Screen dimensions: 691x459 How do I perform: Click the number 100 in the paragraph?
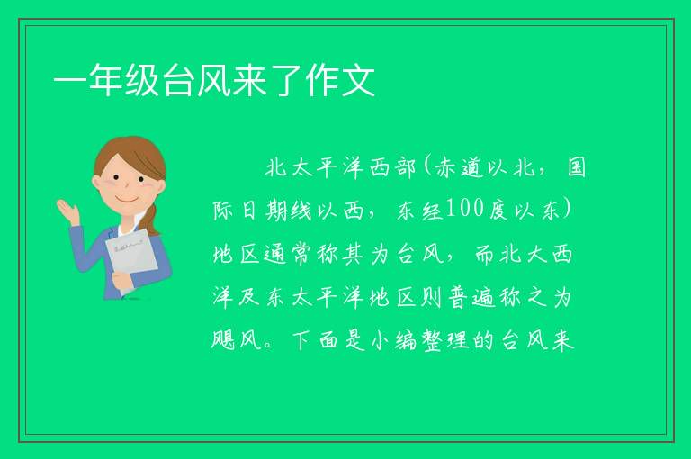click(464, 209)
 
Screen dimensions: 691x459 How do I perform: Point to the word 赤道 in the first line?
click(460, 168)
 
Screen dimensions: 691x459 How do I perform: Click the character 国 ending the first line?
click(576, 168)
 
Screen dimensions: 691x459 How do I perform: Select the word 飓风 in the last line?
click(238, 340)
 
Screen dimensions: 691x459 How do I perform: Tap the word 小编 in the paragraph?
click(393, 340)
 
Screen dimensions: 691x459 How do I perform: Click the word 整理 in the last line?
click(444, 340)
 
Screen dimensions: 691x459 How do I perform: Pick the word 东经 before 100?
click(419, 211)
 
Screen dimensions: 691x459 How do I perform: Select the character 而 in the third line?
click(485, 254)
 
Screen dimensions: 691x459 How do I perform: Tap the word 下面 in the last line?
click(315, 340)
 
